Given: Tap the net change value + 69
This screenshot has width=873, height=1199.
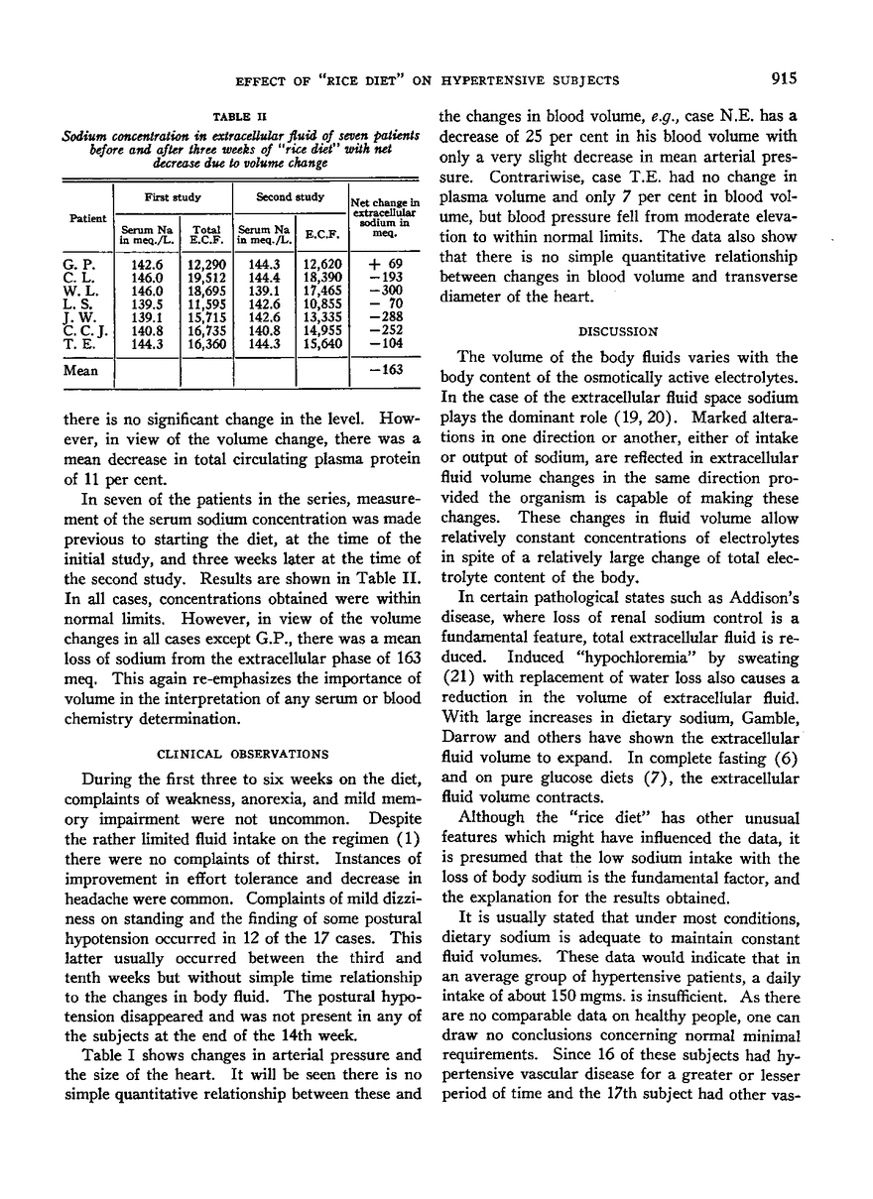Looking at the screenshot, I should tap(386, 265).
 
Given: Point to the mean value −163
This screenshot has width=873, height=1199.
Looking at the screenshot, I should tap(389, 375).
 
